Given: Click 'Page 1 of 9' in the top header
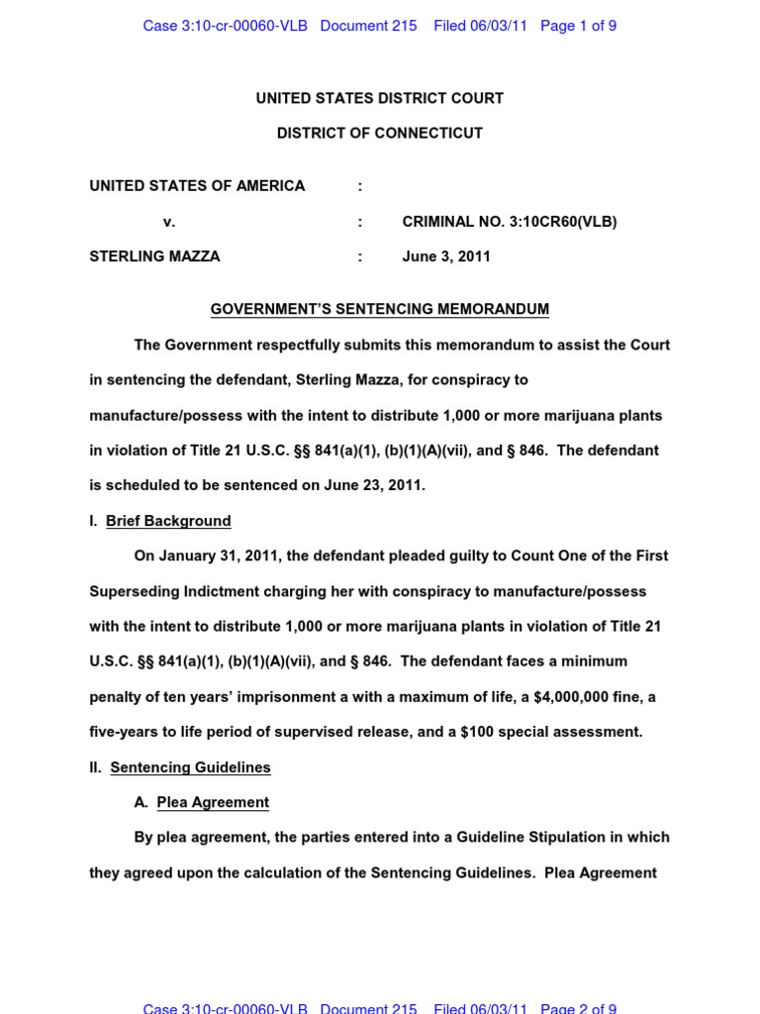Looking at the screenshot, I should pyautogui.click(x=578, y=26).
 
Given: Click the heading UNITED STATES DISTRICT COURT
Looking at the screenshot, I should pyautogui.click(x=379, y=98).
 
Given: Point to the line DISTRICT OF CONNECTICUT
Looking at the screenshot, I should pyautogui.click(x=379, y=133).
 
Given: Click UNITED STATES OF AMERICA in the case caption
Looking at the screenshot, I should pyautogui.click(x=197, y=185).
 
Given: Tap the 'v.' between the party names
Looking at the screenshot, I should pyautogui.click(x=169, y=222).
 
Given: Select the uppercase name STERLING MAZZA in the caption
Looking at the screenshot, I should pyautogui.click(x=154, y=256).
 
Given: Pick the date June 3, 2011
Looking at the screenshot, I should pyautogui.click(x=445, y=256).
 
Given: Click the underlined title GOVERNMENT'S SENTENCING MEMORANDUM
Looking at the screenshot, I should pyautogui.click(x=379, y=309).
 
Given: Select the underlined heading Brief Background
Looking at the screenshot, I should pyautogui.click(x=168, y=521).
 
